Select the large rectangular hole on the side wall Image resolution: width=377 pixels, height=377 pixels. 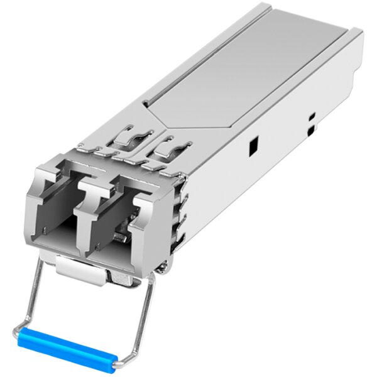pyautogui.click(x=253, y=146)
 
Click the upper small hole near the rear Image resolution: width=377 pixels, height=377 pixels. pyautogui.click(x=312, y=117)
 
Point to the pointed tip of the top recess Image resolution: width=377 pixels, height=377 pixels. pyautogui.click(x=146, y=103)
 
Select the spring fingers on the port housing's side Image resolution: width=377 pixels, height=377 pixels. pyautogui.click(x=183, y=214)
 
